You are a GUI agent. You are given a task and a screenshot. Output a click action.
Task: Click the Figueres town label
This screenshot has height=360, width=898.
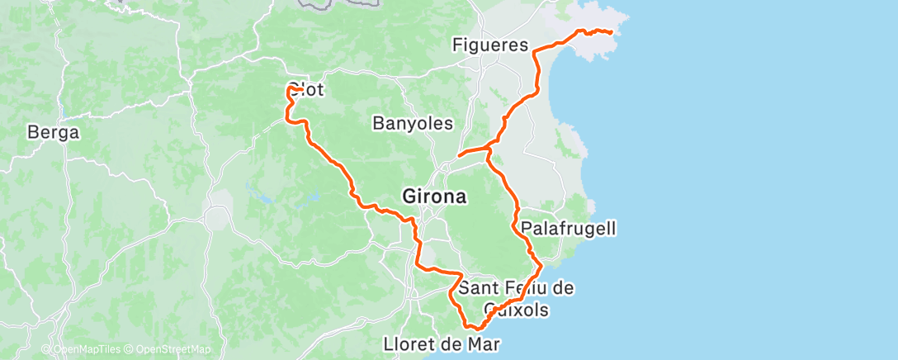click(490, 45)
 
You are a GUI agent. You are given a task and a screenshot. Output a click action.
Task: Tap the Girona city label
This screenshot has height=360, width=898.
click(434, 197)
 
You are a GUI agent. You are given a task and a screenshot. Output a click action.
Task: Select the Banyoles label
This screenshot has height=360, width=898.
click(413, 124)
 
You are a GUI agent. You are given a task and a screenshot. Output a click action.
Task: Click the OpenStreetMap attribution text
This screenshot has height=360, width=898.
click(174, 350)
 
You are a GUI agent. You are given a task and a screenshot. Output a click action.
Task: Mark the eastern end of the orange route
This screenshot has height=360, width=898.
click(612, 33)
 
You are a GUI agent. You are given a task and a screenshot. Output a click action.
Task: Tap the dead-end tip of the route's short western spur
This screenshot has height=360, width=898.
click(458, 154)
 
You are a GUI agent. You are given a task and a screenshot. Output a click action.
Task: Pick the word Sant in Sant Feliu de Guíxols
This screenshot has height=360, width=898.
click(477, 288)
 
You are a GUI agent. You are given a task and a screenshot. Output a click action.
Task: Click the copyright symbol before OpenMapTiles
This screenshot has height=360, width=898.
click(46, 350)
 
